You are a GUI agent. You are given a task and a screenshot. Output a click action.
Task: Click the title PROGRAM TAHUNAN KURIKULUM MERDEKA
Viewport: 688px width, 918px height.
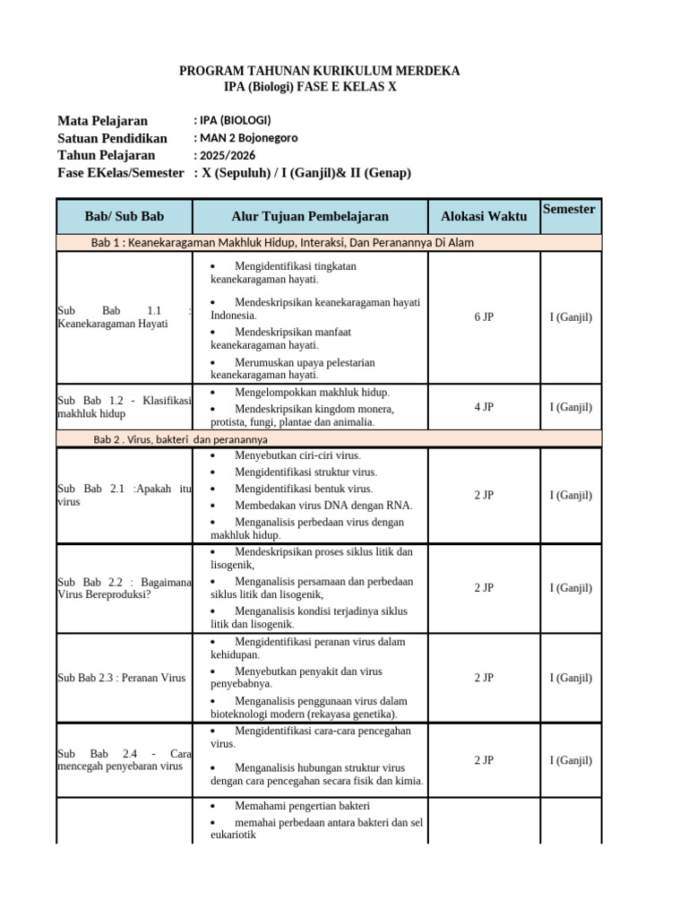click(x=320, y=71)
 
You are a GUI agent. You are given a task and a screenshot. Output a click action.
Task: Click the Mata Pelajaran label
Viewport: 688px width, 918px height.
click(x=102, y=120)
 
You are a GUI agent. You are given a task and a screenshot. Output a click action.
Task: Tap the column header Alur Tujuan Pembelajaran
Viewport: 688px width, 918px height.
click(x=310, y=216)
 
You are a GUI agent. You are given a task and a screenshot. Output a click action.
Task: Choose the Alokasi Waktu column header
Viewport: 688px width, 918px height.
click(x=484, y=216)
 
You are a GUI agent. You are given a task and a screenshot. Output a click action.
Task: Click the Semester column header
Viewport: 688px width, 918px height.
click(x=569, y=209)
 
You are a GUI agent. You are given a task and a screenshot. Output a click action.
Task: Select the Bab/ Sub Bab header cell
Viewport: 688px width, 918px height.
click(x=125, y=216)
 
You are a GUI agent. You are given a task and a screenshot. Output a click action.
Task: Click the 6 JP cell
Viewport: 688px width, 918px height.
click(x=484, y=317)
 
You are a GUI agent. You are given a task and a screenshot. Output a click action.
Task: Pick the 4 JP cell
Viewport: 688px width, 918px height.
click(x=484, y=407)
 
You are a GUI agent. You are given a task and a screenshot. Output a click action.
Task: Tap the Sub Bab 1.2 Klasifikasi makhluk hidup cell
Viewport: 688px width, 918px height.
click(x=125, y=407)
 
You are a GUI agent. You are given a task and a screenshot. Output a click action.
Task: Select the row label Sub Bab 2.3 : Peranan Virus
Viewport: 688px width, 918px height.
click(x=121, y=678)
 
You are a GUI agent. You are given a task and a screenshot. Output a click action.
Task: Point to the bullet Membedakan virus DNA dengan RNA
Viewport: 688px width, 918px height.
click(x=311, y=505)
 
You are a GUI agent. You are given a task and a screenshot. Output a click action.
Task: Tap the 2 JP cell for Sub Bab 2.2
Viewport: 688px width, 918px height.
click(x=484, y=588)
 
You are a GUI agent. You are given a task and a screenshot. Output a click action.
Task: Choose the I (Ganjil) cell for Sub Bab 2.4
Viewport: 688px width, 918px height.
click(x=571, y=760)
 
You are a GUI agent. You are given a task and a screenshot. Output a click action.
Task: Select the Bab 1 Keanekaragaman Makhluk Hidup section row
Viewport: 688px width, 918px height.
click(x=282, y=243)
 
